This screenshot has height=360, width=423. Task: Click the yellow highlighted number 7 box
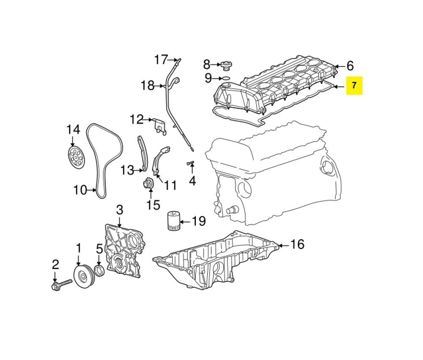pyautogui.click(x=354, y=86)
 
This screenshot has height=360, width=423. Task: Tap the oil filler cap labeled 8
pyautogui.click(x=225, y=66)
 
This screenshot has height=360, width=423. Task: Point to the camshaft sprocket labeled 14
pyautogui.click(x=75, y=156)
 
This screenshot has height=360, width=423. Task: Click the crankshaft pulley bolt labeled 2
pyautogui.click(x=62, y=284)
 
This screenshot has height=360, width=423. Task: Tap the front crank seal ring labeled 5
pyautogui.click(x=99, y=271)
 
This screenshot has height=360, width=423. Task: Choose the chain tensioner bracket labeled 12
pyautogui.click(x=160, y=126)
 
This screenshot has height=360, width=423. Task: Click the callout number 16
pyautogui.click(x=297, y=244)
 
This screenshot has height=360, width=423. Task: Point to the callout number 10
pyautogui.click(x=80, y=190)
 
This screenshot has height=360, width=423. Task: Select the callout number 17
pyautogui.click(x=161, y=60)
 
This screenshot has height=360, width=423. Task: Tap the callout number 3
pyautogui.click(x=120, y=210)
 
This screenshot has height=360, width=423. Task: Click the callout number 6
pyautogui.click(x=350, y=66)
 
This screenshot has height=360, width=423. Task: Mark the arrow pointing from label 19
pyautogui.click(x=185, y=222)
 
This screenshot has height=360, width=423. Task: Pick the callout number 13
pyautogui.click(x=127, y=170)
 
